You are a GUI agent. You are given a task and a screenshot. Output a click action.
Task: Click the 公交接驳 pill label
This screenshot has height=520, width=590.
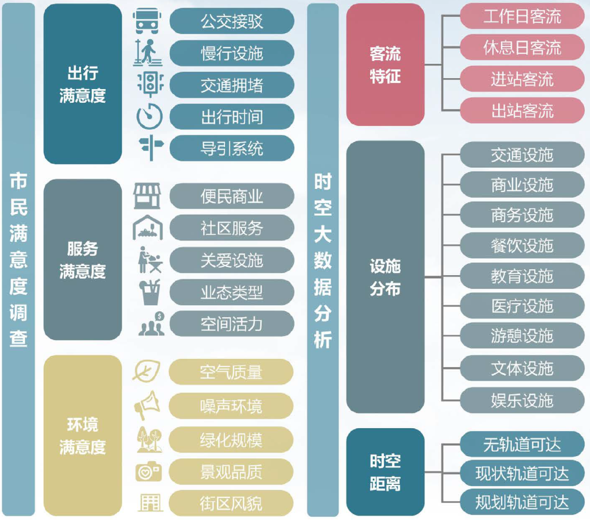click(232, 21)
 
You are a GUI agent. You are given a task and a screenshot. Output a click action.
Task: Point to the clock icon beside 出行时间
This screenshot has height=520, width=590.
click(147, 116)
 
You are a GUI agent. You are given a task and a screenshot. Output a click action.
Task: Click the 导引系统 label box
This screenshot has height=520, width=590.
click(232, 148)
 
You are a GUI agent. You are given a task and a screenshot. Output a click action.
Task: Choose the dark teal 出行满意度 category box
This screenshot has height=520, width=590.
click(82, 84)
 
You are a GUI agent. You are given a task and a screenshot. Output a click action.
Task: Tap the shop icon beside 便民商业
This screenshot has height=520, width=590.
click(147, 196)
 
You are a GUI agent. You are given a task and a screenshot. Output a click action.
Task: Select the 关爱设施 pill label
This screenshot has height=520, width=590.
click(232, 261)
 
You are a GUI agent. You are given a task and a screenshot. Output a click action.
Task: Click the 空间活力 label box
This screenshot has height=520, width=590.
click(232, 324)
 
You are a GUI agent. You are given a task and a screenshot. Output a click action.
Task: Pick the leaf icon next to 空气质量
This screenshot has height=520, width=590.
click(146, 371)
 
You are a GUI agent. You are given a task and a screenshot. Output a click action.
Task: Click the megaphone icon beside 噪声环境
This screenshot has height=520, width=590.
click(147, 405)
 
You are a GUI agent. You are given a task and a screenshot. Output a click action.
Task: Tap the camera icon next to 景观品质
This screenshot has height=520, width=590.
click(148, 471)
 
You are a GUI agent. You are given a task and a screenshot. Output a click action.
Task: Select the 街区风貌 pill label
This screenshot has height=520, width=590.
click(231, 503)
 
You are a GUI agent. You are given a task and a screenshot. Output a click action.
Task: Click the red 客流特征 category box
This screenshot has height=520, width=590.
click(385, 64)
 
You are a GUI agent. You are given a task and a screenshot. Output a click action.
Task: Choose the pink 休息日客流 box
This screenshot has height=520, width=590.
click(522, 48)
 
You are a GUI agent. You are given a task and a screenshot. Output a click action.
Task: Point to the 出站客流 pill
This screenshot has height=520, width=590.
click(522, 111)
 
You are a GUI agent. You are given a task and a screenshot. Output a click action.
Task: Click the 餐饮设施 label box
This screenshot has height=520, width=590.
click(522, 246)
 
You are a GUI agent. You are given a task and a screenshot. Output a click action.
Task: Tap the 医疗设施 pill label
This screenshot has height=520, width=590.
click(522, 306)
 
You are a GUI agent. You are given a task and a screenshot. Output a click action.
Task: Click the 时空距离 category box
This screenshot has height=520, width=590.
click(385, 472)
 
